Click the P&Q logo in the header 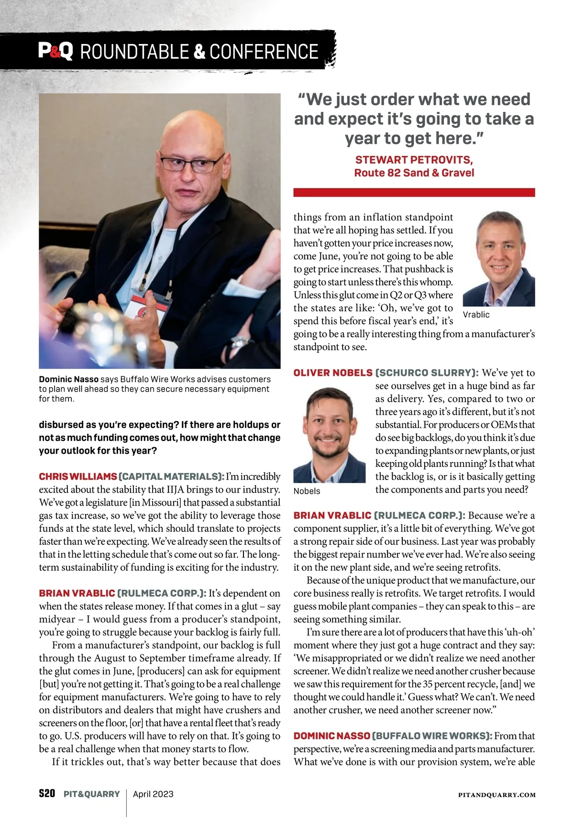pos(55,51)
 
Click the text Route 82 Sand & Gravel pos(414,173)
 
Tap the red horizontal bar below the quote pos(414,192)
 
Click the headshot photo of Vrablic pos(498,258)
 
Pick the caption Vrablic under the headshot pos(476,315)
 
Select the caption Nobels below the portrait pos(307,491)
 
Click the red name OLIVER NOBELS pos(333,373)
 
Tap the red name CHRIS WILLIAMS pos(78,476)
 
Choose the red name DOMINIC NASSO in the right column pos(332,736)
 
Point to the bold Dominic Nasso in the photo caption pos(68,379)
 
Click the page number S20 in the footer pos(47,794)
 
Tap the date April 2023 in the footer pos(153,794)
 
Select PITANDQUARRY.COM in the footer pos(497,795)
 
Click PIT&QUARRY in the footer pos(92,794)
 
